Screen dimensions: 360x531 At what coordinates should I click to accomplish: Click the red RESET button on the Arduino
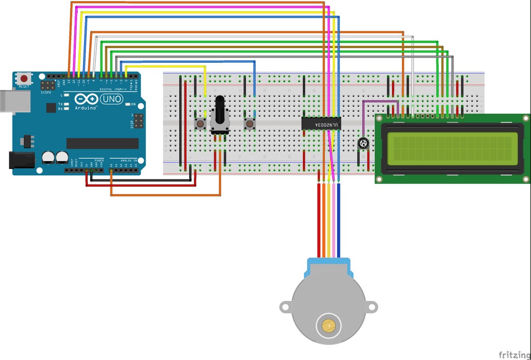point(24,79)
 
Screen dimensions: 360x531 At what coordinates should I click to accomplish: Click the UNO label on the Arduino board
point(111,99)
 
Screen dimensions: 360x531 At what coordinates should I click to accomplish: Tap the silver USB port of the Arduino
point(6,101)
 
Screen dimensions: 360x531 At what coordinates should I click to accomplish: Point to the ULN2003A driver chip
point(321,124)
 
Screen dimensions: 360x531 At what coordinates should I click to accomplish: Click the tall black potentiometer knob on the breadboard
point(220,111)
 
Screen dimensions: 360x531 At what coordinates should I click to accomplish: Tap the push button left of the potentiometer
point(200,124)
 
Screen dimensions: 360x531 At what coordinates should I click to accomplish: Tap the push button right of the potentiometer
point(250,124)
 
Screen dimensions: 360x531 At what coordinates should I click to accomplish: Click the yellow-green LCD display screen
point(452,147)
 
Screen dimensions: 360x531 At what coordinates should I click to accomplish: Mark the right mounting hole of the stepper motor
point(372,307)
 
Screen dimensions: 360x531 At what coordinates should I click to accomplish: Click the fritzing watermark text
point(513,354)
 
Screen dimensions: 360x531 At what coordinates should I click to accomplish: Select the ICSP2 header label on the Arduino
point(46,92)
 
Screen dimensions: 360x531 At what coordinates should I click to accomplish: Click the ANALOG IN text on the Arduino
point(129,160)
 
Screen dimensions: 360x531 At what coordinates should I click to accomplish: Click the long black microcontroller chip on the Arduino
point(103,143)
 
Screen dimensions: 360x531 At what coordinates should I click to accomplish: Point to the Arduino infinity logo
point(86,99)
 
